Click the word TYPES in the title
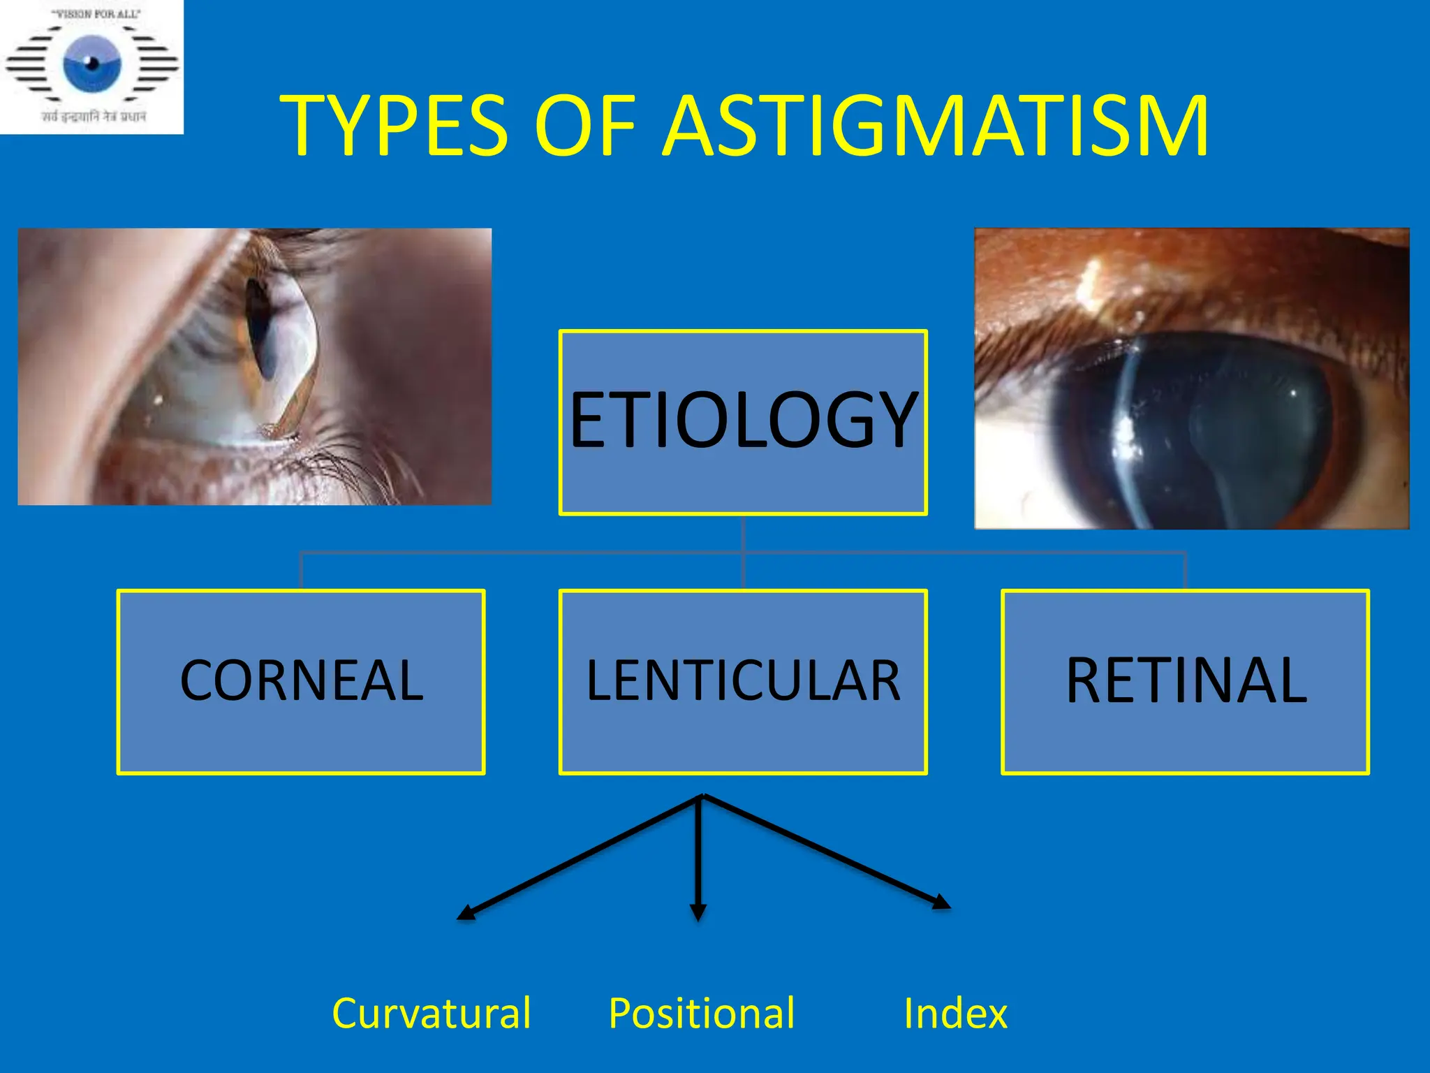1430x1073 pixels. point(395,126)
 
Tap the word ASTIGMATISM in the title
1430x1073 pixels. point(935,126)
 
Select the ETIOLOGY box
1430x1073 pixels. point(743,422)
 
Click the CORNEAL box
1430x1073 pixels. point(301,681)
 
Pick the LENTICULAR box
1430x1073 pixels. point(743,681)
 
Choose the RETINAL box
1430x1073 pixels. point(1185,681)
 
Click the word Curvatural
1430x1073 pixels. point(431,1013)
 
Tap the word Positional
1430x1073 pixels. point(701,1013)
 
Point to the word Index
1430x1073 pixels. point(955,1013)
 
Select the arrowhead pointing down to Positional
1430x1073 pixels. point(698,912)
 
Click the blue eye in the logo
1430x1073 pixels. point(92,64)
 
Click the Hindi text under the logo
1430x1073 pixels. point(94,116)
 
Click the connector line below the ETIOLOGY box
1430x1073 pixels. point(743,534)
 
